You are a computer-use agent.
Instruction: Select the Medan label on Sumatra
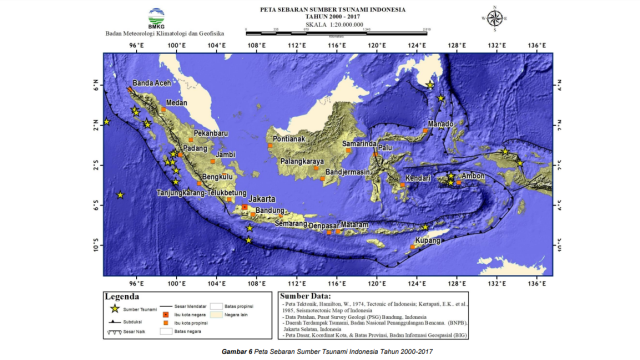[177, 102]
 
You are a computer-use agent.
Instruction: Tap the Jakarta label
[261, 197]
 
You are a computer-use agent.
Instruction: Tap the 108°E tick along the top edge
[257, 46]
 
